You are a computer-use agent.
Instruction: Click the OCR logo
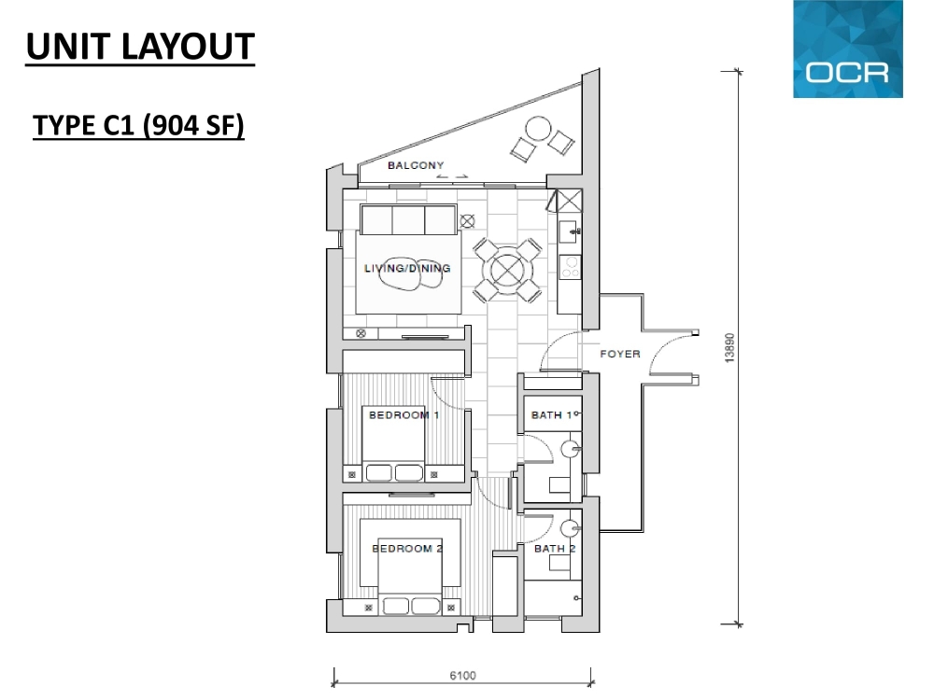point(848,49)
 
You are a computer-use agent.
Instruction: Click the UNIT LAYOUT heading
point(141,47)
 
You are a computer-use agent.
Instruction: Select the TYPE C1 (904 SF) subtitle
point(138,126)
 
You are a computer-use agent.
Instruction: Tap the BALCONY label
point(416,165)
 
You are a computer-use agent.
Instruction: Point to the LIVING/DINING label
point(407,269)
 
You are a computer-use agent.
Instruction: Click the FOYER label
point(620,354)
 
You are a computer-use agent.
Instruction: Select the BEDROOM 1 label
point(403,415)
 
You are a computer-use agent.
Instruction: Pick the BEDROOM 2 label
point(407,548)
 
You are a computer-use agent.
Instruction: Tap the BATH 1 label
point(552,415)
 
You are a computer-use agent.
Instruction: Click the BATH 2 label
point(555,548)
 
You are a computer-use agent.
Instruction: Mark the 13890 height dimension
point(729,348)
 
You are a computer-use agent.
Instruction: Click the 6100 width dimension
point(463,676)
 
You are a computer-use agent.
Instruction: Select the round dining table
point(507,271)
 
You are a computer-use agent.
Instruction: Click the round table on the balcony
point(538,129)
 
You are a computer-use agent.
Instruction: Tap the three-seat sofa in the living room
point(409,219)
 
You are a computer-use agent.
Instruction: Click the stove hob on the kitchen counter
point(570,267)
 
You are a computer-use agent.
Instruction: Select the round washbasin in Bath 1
point(571,450)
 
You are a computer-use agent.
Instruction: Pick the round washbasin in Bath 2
point(570,529)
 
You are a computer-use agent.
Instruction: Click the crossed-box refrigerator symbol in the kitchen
point(565,201)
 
